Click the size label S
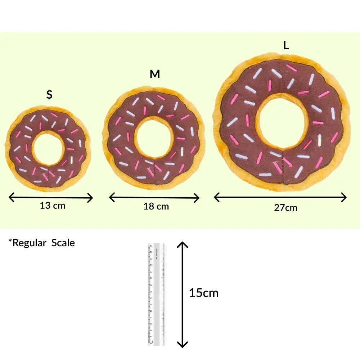point(49,94)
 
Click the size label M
point(155,74)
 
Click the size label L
point(286,45)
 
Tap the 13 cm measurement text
point(53,206)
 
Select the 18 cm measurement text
point(156,206)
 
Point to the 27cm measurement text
point(285,208)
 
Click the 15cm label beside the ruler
point(204,293)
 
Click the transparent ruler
point(156,294)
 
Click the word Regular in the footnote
point(29,243)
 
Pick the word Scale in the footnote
point(63,243)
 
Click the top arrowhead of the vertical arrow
point(182,245)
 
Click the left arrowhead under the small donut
point(12,197)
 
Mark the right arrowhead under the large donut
point(344,197)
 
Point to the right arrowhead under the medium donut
point(197,198)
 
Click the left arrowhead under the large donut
point(217,197)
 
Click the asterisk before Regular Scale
point(10,240)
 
